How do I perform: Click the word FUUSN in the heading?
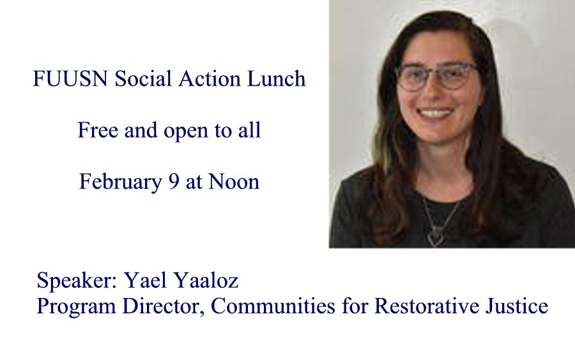click(70, 79)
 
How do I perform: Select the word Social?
click(142, 78)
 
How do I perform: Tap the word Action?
click(209, 78)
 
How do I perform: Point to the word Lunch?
click(277, 78)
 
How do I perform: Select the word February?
click(120, 182)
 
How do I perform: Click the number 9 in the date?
click(173, 182)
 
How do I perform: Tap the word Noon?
click(234, 182)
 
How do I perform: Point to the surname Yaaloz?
click(206, 279)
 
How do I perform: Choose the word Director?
click(163, 306)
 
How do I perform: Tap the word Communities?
click(273, 305)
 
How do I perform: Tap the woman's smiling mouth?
click(435, 113)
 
